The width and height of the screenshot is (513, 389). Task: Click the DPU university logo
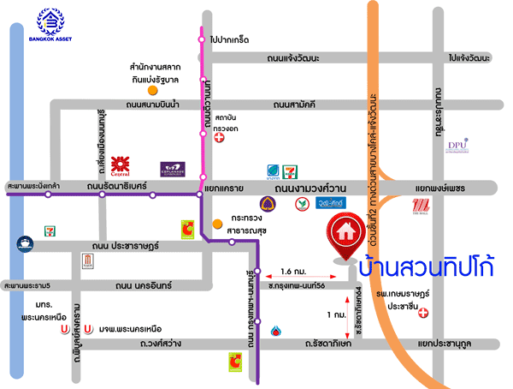[457, 147]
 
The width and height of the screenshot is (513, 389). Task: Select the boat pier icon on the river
[23, 244]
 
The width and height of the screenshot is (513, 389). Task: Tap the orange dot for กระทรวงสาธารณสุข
[219, 226]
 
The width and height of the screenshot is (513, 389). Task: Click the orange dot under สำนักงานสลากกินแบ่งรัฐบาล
[152, 90]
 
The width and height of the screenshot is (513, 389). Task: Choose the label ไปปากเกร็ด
[229, 39]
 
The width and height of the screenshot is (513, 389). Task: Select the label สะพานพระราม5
[27, 284]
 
